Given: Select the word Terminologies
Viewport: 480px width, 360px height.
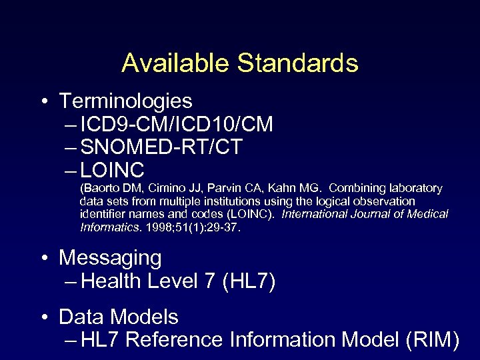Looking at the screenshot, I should pyautogui.click(x=125, y=101).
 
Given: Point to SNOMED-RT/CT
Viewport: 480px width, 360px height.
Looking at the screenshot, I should pyautogui.click(x=161, y=147).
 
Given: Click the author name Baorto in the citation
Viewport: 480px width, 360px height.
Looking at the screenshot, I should pyautogui.click(x=99, y=188).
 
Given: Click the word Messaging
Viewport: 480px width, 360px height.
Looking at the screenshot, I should pyautogui.click(x=110, y=257).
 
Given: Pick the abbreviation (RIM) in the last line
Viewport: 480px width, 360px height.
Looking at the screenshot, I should pyautogui.click(x=432, y=339).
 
